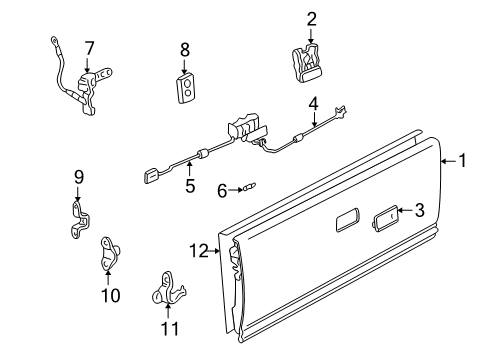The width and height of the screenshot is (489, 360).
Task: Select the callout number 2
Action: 311,18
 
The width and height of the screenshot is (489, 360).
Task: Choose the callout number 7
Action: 89,47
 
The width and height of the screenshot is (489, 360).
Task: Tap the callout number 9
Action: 78,178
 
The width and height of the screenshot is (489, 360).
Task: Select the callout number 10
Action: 110,295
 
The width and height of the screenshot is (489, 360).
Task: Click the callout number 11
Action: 167,328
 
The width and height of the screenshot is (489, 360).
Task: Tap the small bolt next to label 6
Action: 246,185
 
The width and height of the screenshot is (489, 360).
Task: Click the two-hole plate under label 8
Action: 185,87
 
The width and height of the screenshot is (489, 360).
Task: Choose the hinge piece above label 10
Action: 109,255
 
